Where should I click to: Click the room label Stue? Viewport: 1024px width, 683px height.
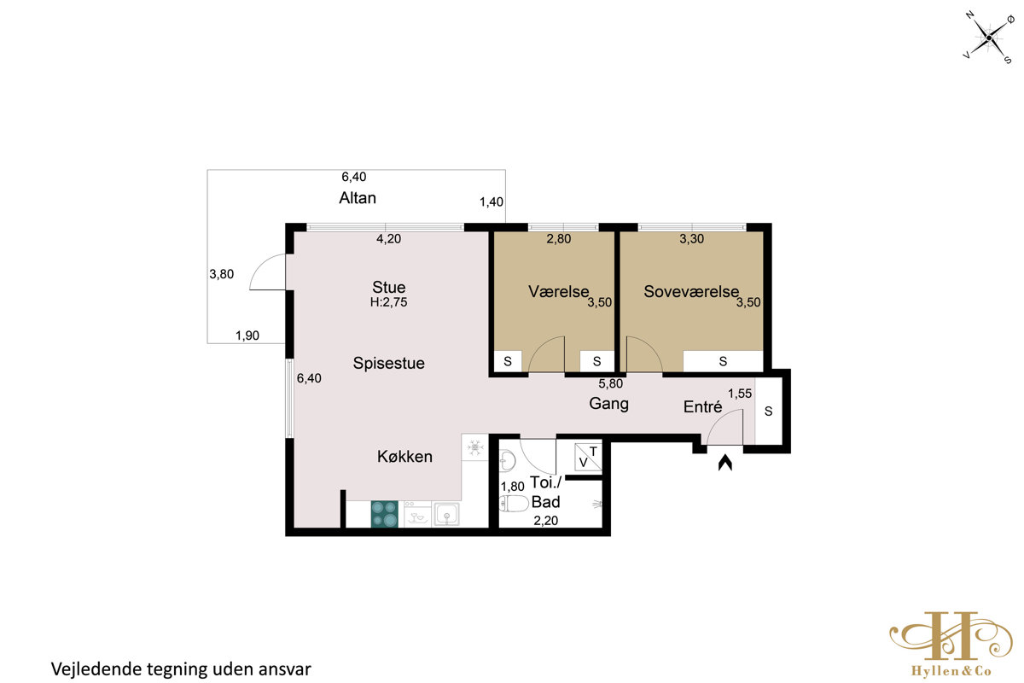tap(388, 288)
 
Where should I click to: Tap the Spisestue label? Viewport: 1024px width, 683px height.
tap(388, 363)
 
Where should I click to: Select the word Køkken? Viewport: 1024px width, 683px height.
tap(404, 457)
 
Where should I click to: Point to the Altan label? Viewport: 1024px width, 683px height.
tap(358, 198)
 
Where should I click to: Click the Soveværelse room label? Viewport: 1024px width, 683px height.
tap(691, 291)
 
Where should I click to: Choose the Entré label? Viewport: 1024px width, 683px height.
tap(702, 406)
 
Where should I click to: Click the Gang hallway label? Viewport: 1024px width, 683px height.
tap(609, 404)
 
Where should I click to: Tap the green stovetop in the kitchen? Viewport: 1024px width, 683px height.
tap(385, 514)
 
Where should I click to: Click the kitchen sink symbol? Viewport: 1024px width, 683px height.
tap(446, 514)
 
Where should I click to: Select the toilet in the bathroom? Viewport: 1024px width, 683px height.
tap(508, 504)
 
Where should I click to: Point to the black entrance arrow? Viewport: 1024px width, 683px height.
tap(725, 463)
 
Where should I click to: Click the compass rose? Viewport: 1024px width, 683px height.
tap(989, 38)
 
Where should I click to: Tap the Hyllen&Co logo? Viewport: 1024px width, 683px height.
tap(951, 644)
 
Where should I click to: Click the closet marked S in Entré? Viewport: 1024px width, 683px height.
tap(769, 411)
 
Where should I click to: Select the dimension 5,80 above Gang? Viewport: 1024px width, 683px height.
tap(611, 384)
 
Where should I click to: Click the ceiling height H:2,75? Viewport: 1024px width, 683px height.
tap(388, 302)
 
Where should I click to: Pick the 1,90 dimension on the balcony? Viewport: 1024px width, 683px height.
tap(247, 336)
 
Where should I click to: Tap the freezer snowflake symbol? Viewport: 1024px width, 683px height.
tap(475, 447)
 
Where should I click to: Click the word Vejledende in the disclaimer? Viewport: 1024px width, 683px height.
tap(96, 669)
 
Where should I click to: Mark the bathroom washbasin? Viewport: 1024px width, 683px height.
tap(507, 461)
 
